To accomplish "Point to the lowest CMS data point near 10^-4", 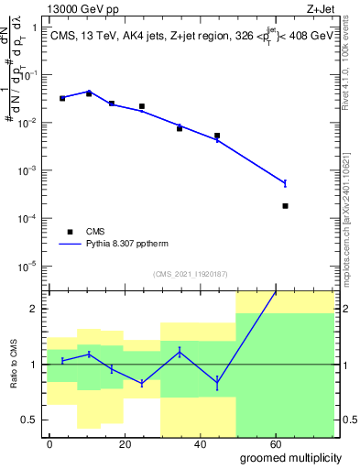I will (286, 206).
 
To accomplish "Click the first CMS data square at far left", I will (62, 98).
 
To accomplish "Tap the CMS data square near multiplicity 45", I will (217, 136).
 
